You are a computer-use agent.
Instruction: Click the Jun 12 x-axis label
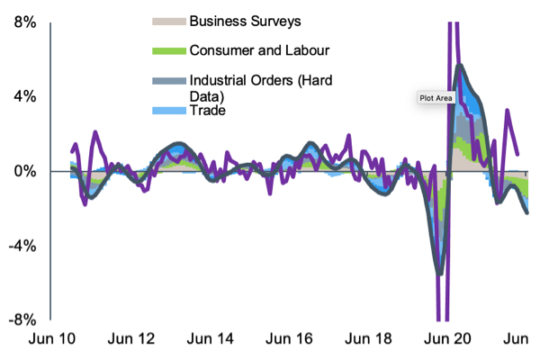[x=132, y=339]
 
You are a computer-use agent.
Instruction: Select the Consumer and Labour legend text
[x=259, y=50]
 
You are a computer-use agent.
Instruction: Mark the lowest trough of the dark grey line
[x=439, y=274]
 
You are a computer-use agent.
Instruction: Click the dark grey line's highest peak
[x=460, y=65]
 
